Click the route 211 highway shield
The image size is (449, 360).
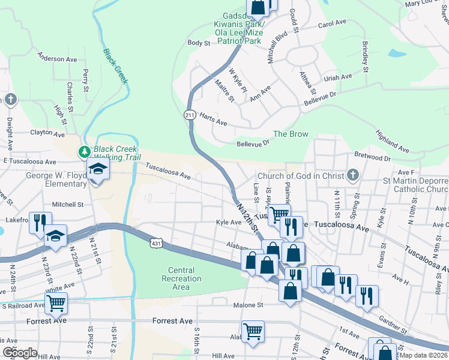(x=190, y=114)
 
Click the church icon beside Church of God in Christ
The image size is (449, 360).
(x=353, y=175)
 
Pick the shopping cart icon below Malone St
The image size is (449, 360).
(x=253, y=331)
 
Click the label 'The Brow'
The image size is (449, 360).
(x=291, y=134)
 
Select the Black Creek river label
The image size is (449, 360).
(x=115, y=66)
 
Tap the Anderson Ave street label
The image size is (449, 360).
(x=58, y=59)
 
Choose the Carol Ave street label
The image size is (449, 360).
(x=333, y=24)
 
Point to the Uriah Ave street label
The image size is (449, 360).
(x=337, y=77)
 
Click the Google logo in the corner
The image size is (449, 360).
(x=19, y=353)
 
